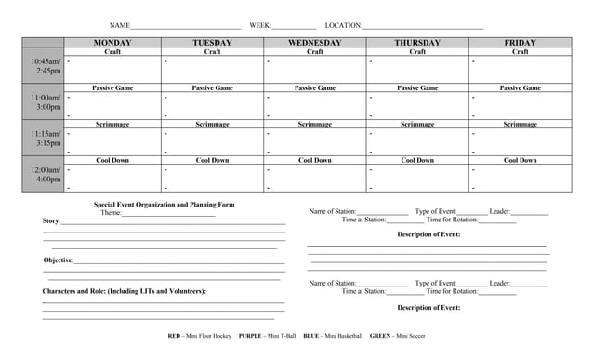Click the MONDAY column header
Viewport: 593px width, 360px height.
(x=112, y=43)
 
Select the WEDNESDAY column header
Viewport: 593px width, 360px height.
(x=315, y=43)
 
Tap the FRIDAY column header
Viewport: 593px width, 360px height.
(x=520, y=43)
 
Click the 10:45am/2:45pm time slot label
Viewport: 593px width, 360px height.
(x=44, y=66)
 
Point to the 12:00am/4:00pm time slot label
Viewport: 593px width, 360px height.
(x=44, y=175)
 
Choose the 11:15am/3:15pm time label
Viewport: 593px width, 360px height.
(x=44, y=139)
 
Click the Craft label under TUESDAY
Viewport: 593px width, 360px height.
(x=212, y=52)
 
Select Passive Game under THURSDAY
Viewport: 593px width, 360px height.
(x=417, y=88)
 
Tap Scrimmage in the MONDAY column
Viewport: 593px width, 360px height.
(x=112, y=124)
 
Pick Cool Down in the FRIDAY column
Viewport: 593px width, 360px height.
(x=520, y=160)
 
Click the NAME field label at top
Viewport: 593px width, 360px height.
(x=120, y=25)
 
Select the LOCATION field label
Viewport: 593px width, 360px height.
(x=343, y=25)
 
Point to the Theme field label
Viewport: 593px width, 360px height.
(x=111, y=213)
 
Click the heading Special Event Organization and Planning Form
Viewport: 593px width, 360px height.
(x=164, y=205)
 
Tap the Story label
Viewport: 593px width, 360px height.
(x=51, y=221)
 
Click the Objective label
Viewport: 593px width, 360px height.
(x=58, y=260)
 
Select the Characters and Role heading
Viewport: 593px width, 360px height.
(x=124, y=292)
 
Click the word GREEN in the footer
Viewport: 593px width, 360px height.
(x=379, y=335)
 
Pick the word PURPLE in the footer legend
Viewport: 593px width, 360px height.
(x=249, y=335)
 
